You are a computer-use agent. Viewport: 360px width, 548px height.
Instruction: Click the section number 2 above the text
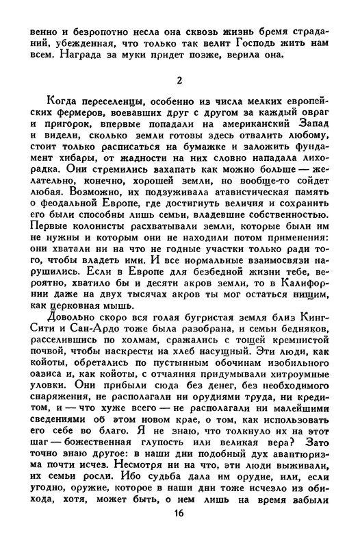click(179, 82)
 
